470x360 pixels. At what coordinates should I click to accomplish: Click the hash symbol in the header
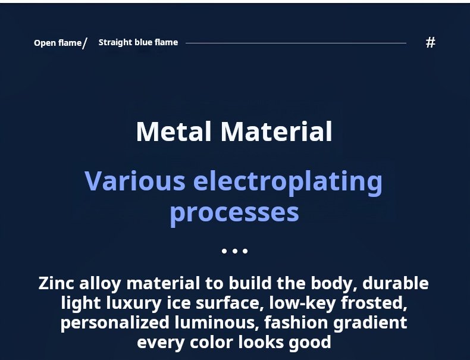(430, 43)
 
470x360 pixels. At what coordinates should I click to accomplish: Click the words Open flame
(58, 43)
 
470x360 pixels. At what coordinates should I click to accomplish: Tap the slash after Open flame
(84, 43)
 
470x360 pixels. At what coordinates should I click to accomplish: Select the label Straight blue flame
(138, 42)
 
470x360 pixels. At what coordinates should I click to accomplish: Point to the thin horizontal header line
(296, 43)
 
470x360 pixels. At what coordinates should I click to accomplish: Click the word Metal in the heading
(174, 132)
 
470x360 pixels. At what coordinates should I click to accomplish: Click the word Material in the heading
(277, 132)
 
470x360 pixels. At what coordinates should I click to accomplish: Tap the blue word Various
(135, 181)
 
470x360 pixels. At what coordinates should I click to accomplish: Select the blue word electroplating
(288, 183)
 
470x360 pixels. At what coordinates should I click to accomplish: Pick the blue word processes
(234, 214)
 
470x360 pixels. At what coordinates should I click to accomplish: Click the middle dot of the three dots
(234, 251)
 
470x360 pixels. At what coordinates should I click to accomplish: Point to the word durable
(396, 283)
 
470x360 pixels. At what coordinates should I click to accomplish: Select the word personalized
(115, 323)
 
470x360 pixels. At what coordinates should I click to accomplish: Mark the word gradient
(370, 323)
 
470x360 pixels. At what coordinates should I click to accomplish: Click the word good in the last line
(309, 343)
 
